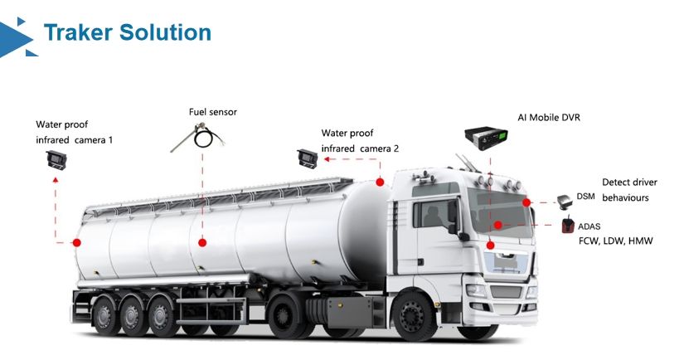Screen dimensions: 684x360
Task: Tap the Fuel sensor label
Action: tap(211, 111)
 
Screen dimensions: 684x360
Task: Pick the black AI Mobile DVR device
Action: tap(487, 138)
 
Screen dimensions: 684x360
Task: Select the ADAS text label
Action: tap(589, 226)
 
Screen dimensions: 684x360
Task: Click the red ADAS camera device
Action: tap(569, 224)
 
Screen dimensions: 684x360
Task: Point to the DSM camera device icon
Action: tap(565, 199)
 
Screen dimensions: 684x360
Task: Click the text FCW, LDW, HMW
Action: tap(616, 241)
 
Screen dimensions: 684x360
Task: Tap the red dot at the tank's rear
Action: tap(76, 243)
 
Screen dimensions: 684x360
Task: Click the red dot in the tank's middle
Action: tap(202, 243)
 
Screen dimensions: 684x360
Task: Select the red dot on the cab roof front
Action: tap(380, 182)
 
